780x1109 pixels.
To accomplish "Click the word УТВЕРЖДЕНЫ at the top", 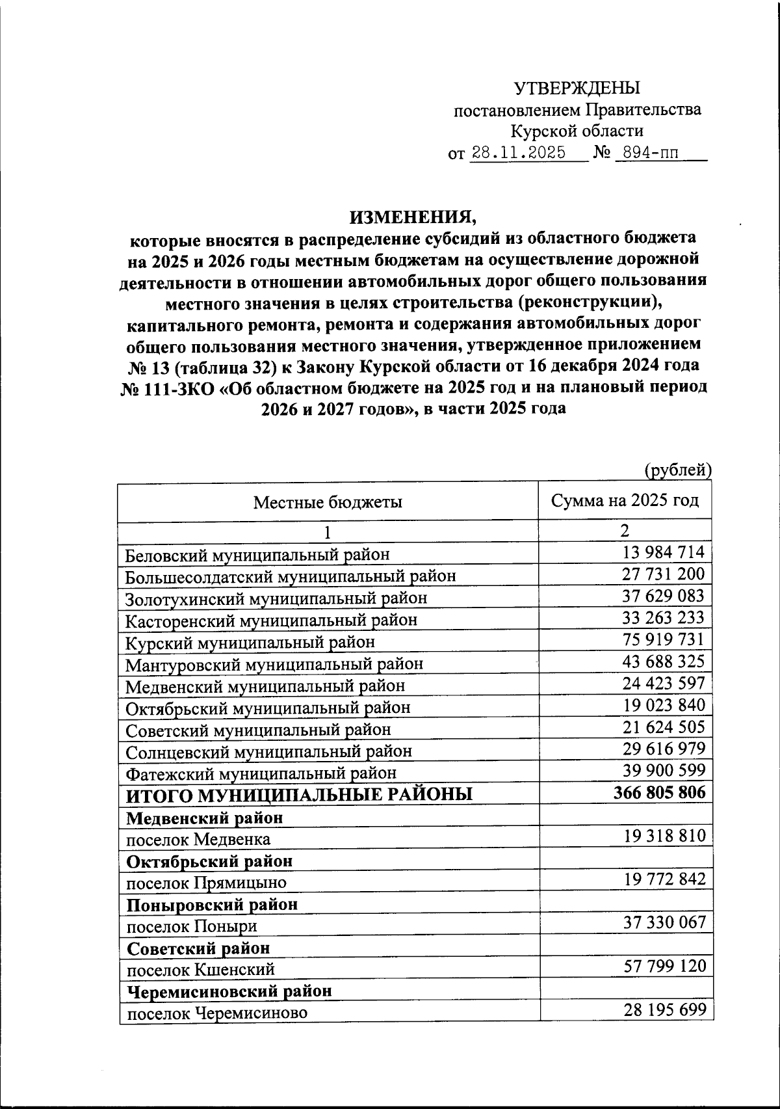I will point(577,88).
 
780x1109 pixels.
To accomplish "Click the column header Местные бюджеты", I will point(328,502).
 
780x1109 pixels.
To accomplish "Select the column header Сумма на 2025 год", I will point(625,500).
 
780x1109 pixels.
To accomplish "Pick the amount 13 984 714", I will point(663,552).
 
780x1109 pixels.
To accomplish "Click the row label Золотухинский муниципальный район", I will point(276,598).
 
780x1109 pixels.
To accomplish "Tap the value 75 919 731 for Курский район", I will point(663,639).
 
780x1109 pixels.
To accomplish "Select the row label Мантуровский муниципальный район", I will point(274,664).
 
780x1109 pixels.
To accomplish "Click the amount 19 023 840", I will point(663,705).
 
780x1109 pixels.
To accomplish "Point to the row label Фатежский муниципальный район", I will point(261,773).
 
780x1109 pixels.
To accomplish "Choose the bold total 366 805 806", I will point(659,792).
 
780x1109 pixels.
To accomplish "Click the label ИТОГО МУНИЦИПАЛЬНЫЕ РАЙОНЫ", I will point(299,795).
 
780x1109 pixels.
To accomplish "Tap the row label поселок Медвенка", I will point(198,839).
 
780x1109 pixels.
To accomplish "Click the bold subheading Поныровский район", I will point(212,904).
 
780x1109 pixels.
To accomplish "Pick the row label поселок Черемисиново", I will point(216,1013).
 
